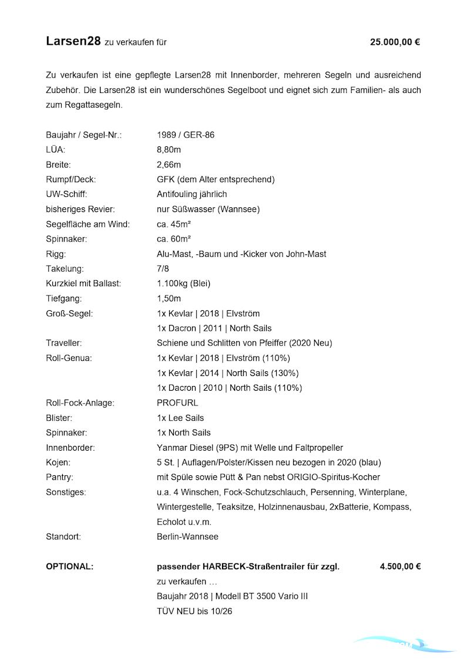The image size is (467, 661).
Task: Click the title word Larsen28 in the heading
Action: pos(73,41)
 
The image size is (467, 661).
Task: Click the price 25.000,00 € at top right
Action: pos(395,42)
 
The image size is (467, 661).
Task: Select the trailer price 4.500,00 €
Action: pos(400,566)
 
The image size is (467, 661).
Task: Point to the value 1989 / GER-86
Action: pos(186,135)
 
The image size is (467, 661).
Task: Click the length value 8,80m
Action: pos(169,150)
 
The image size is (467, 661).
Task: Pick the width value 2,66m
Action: pos(169,165)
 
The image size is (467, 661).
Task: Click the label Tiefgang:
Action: pos(63,298)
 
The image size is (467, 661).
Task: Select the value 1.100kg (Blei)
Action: pos(183,283)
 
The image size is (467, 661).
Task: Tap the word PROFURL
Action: pos(177,403)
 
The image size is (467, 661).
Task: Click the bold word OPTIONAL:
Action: pos(69,566)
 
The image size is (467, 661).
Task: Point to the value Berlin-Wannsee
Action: pos(187,536)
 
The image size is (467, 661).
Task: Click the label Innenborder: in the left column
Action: pos(70,448)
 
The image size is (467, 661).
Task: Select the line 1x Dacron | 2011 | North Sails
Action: pos(214,328)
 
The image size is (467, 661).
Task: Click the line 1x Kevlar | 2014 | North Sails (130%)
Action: pos(228,373)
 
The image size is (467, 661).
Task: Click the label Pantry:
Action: pos(59,477)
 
